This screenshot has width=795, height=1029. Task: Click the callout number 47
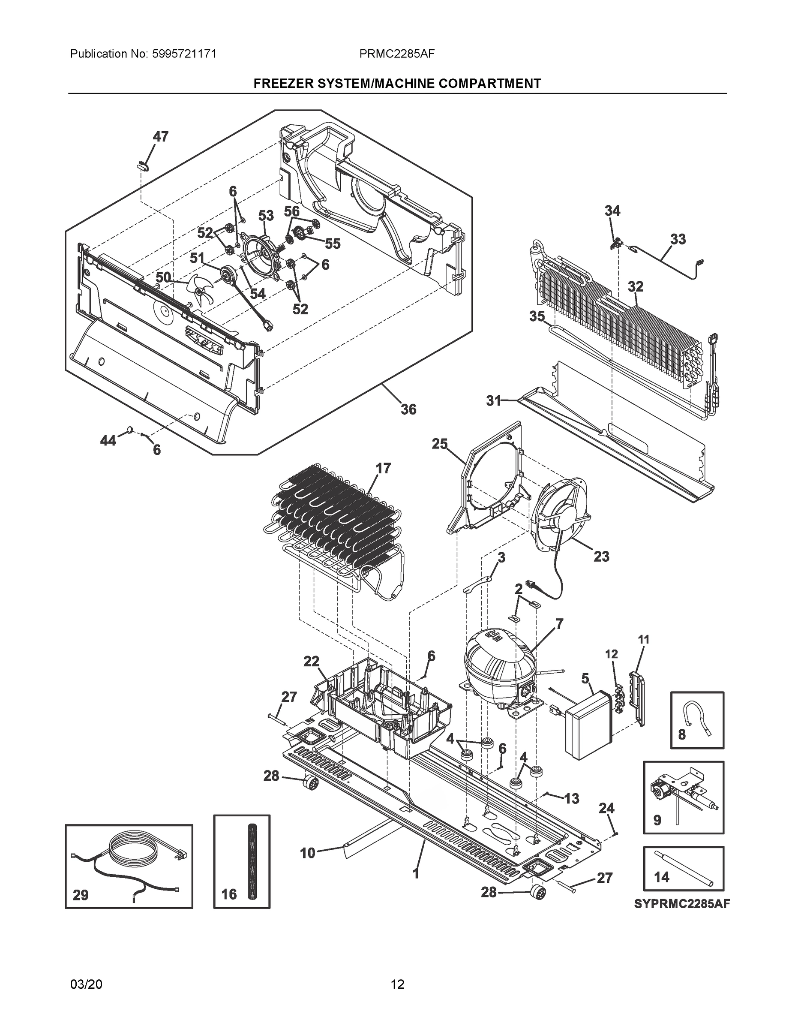coord(161,137)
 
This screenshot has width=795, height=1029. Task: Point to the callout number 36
coord(408,409)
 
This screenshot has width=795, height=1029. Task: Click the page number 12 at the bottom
coord(397,984)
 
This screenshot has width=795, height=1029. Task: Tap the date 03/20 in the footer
coord(86,984)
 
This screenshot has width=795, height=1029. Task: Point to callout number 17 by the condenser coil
coord(384,468)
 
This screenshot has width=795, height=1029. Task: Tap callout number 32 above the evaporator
coord(635,286)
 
